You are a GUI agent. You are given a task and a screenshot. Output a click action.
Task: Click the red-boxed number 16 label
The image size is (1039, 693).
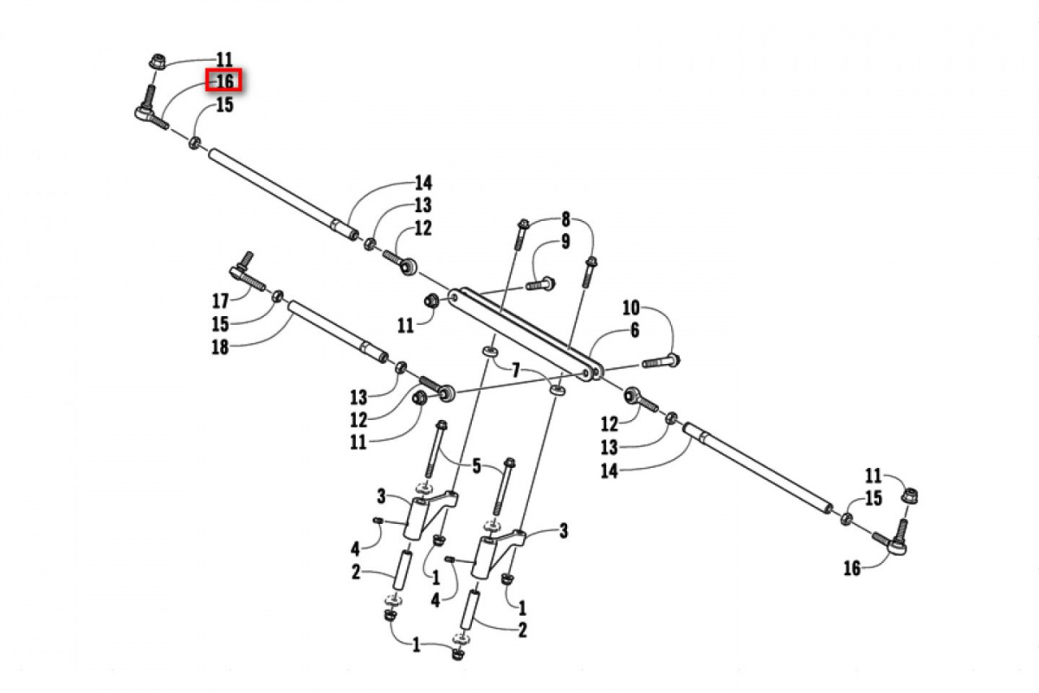coord(224,81)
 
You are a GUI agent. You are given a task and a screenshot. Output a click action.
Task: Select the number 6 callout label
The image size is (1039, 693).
coord(634,330)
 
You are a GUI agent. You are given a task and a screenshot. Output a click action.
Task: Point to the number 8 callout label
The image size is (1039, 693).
coord(565,218)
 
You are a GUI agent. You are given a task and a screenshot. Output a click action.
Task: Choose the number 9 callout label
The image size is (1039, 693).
coord(565,242)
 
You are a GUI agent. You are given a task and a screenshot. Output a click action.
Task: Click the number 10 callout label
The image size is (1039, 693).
coord(630,307)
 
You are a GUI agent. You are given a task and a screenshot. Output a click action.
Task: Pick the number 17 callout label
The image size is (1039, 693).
coord(220,301)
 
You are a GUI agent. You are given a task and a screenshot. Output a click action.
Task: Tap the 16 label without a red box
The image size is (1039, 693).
coord(852,568)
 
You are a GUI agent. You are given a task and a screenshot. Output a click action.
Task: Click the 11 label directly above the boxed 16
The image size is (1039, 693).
coord(224,60)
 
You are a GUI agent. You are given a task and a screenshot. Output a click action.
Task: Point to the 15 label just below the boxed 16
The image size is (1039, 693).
coord(224,105)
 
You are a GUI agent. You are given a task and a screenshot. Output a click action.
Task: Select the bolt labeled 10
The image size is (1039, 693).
coord(662,359)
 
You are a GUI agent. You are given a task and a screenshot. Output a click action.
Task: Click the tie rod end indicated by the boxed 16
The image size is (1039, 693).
coord(149,111)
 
